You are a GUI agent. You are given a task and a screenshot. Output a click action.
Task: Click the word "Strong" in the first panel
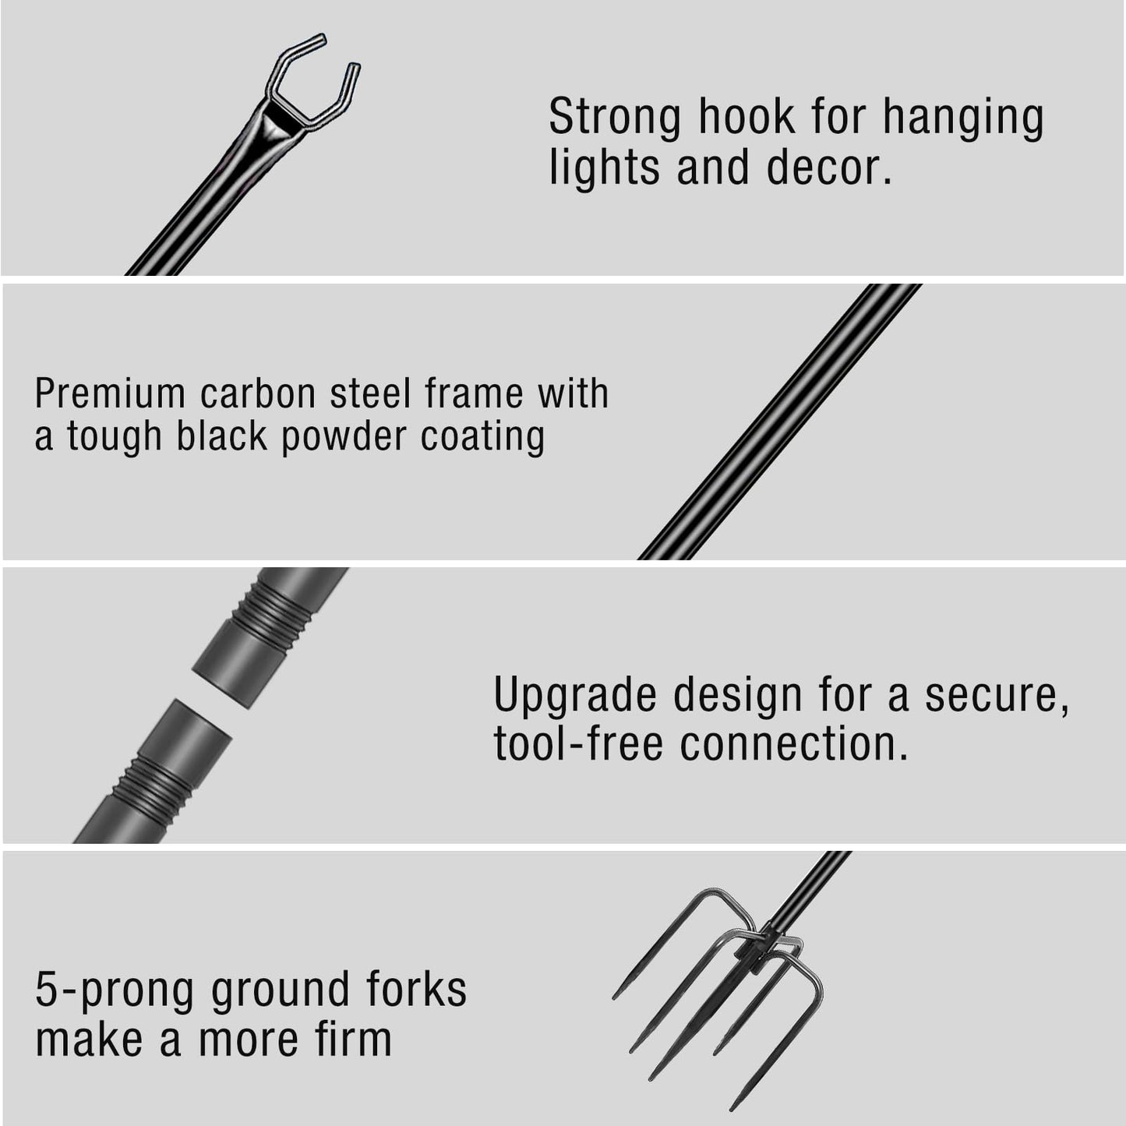tap(614, 118)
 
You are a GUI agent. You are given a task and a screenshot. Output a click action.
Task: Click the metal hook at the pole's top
tap(312, 82)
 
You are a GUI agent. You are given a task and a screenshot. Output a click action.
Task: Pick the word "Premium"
tap(110, 394)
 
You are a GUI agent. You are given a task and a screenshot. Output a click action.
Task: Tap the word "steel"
tap(370, 394)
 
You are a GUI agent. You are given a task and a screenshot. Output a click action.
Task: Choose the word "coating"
tap(482, 436)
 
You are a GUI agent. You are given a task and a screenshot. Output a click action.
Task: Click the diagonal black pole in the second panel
tap(779, 422)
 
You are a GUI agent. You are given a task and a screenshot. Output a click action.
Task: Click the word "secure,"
tap(997, 695)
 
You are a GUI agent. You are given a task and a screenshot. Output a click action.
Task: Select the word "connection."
tap(794, 743)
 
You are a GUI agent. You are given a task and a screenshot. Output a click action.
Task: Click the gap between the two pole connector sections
tap(212, 703)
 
